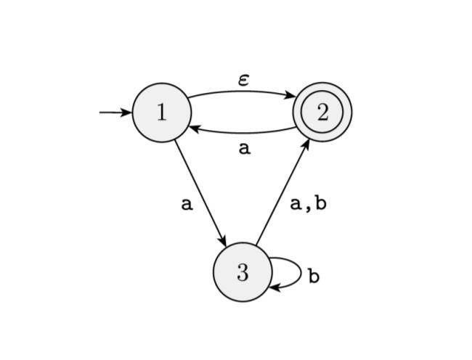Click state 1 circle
(x=161, y=112)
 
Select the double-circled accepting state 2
(x=322, y=112)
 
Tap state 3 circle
(x=242, y=272)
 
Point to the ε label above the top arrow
(x=244, y=79)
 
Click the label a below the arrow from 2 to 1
(x=244, y=149)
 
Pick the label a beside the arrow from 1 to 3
(x=187, y=204)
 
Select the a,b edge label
(x=308, y=204)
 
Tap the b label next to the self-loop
(x=313, y=277)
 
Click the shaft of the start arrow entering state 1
(x=111, y=112)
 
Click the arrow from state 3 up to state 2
(x=282, y=192)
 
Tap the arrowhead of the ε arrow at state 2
(x=290, y=95)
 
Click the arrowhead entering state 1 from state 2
(x=194, y=128)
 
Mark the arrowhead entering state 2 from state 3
(x=306, y=143)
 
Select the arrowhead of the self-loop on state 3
(x=274, y=287)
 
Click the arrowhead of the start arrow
(x=126, y=112)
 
